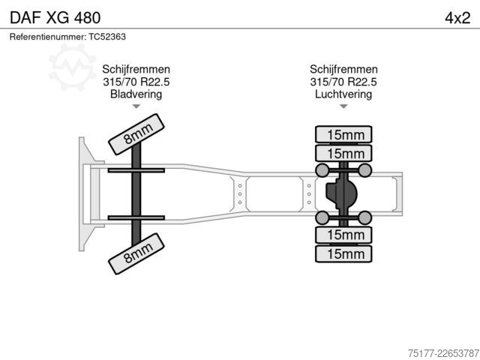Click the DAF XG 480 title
pyautogui.click(x=55, y=18)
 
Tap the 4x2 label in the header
pyautogui.click(x=457, y=18)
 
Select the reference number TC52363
pyautogui.click(x=107, y=37)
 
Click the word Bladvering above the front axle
pyautogui.click(x=136, y=94)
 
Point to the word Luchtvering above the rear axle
pyautogui.click(x=343, y=94)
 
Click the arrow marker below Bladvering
pyautogui.click(x=136, y=106)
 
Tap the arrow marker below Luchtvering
pyautogui.click(x=343, y=106)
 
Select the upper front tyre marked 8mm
pyautogui.click(x=136, y=134)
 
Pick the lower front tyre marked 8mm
pyautogui.click(x=136, y=253)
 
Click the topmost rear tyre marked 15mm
pyautogui.click(x=343, y=134)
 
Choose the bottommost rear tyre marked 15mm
pyautogui.click(x=343, y=253)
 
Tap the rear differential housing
pyautogui.click(x=341, y=193)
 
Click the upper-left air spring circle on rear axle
pyautogui.click(x=322, y=170)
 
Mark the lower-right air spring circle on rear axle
pyautogui.click(x=365, y=217)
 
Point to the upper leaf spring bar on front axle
pyautogui.click(x=136, y=170)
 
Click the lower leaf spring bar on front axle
pyautogui.click(x=136, y=218)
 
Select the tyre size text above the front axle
pyautogui.click(x=136, y=82)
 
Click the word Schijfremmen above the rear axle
pyautogui.click(x=343, y=69)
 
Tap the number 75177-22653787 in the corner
pyautogui.click(x=443, y=353)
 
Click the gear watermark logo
pyautogui.click(x=72, y=67)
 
